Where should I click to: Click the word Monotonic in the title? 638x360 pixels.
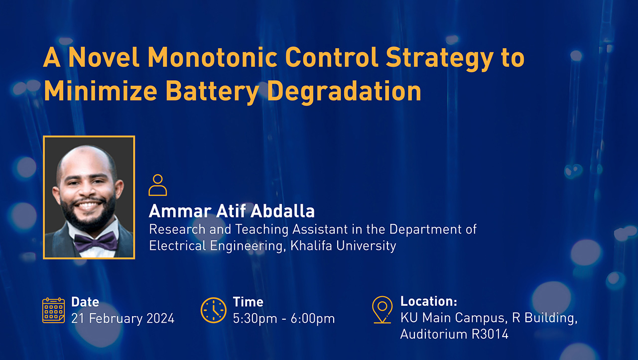point(213,57)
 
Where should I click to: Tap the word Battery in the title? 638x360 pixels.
point(212,92)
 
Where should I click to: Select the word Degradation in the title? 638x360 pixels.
point(344,92)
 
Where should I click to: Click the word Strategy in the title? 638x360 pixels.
point(439,58)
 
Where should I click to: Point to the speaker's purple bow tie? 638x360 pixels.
point(96,241)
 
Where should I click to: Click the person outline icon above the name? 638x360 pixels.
point(157,185)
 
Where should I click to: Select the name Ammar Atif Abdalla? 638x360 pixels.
point(232,211)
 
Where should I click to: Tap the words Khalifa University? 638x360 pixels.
point(343,245)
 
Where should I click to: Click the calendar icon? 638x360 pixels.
point(54,310)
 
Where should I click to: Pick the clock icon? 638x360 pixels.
point(214,310)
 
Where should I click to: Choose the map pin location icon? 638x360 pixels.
point(382,310)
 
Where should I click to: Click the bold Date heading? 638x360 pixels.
point(85,302)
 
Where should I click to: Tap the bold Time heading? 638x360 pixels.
point(248,302)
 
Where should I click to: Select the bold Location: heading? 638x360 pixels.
point(429,301)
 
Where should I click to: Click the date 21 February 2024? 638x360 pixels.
point(123,318)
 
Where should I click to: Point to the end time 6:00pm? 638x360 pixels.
point(313,319)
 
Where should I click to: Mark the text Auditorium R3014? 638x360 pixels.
point(454,334)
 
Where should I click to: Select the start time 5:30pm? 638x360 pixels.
point(255,319)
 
